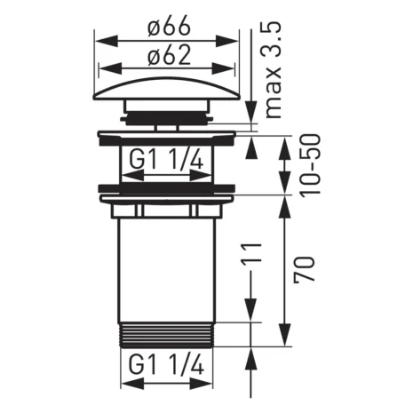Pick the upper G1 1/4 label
pos(167,162)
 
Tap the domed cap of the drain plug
pos(167,89)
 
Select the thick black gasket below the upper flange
pos(167,188)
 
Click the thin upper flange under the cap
pos(167,134)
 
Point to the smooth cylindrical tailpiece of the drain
pos(167,266)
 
